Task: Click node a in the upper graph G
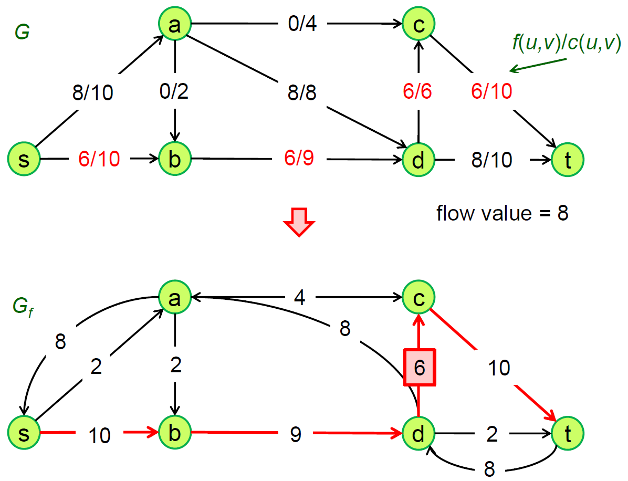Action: click(x=175, y=24)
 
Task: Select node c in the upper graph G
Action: click(x=418, y=24)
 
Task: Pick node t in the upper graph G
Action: click(x=567, y=159)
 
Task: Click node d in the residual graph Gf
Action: click(x=418, y=433)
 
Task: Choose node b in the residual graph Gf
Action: click(x=175, y=433)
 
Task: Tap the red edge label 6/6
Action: click(x=418, y=91)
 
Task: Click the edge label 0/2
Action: click(x=174, y=91)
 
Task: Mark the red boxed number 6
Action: click(x=418, y=368)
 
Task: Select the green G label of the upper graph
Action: click(x=22, y=33)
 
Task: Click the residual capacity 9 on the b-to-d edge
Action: click(x=296, y=434)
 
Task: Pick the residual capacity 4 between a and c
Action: click(x=299, y=298)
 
